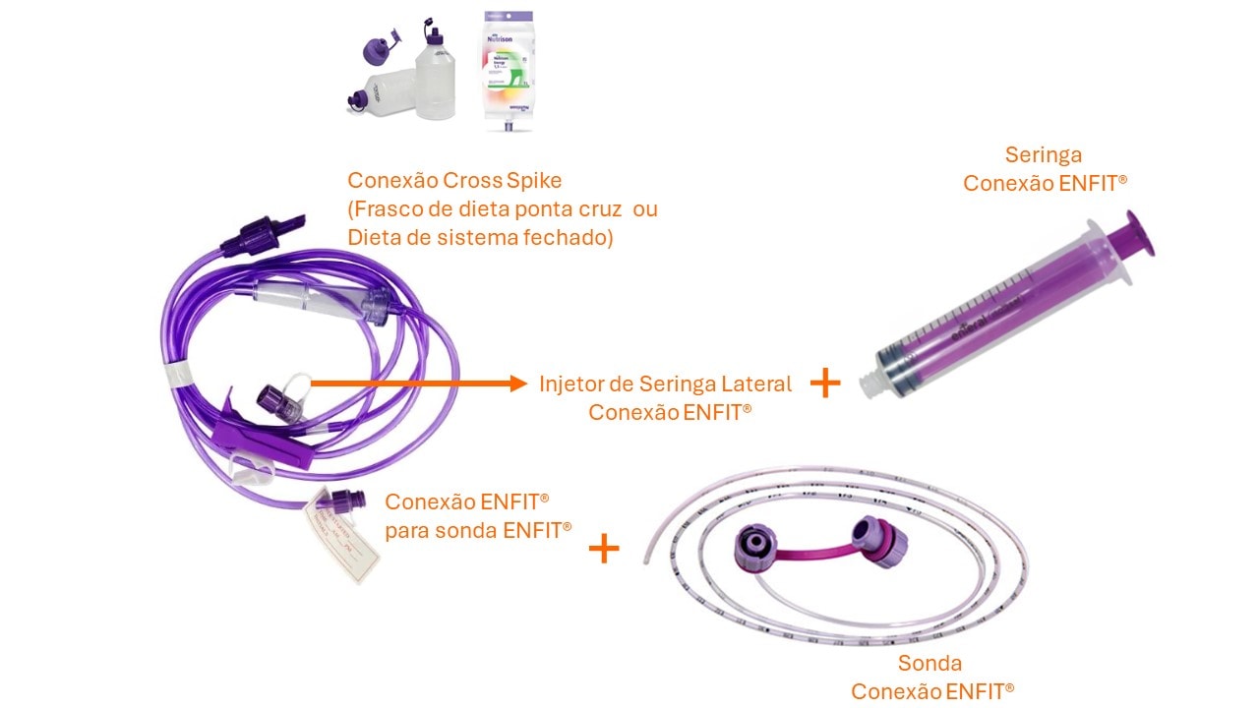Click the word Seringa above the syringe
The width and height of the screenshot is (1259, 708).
[x=1044, y=155]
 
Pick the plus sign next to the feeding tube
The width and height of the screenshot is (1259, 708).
[x=604, y=549]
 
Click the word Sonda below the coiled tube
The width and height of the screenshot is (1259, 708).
[x=929, y=663]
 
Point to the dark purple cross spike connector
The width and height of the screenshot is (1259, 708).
[x=256, y=232]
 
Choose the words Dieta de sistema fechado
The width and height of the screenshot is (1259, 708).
[x=480, y=237]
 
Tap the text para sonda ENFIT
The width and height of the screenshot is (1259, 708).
[x=478, y=529]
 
